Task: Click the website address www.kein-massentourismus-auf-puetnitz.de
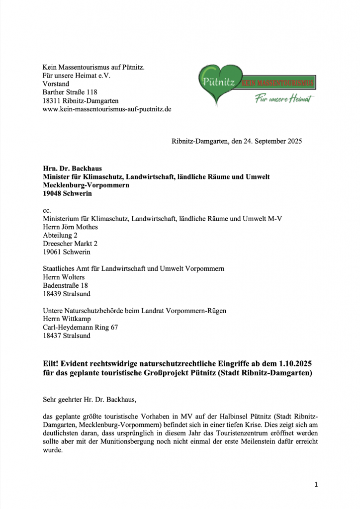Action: coord(107,109)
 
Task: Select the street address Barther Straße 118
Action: coord(70,92)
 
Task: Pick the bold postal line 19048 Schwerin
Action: coord(67,193)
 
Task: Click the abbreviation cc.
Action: coord(47,211)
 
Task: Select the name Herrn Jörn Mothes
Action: coord(70,227)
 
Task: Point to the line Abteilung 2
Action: coord(60,235)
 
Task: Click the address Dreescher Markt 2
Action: coord(70,244)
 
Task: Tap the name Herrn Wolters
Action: coord(64,277)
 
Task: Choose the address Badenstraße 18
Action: coord(65,285)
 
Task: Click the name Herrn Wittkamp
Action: coord(67,319)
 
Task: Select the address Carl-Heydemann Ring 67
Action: coord(81,327)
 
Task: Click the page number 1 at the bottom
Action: coord(316,485)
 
